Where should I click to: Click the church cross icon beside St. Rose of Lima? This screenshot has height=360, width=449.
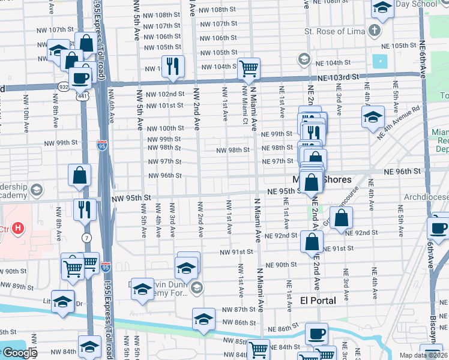[375, 31]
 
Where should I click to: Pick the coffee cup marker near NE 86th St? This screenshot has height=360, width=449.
[316, 334]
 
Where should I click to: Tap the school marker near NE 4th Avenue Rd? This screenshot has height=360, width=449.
[373, 116]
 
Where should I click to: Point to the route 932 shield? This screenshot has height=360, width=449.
[63, 86]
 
